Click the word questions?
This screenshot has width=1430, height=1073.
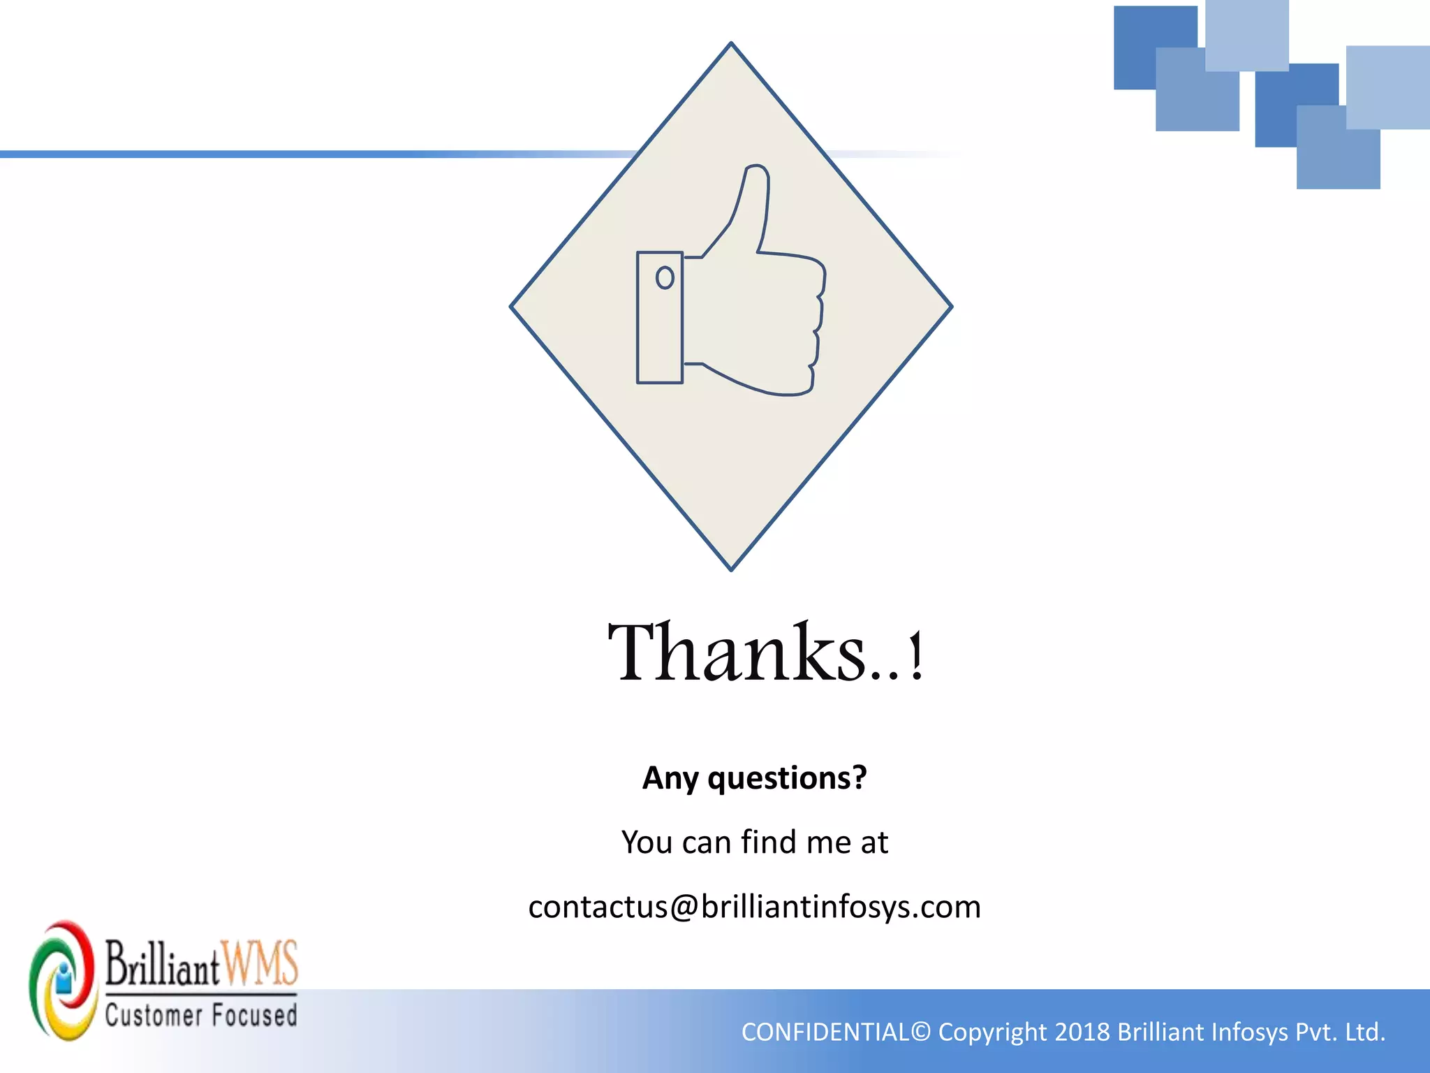click(x=787, y=778)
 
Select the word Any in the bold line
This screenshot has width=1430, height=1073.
click(x=670, y=778)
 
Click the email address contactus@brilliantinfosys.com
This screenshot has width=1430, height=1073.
click(x=754, y=907)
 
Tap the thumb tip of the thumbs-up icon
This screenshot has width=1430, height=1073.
click(x=755, y=172)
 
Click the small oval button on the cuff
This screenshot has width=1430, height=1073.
click(x=665, y=278)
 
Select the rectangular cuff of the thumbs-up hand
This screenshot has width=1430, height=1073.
click(x=659, y=318)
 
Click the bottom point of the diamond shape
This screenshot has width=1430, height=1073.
click(x=731, y=568)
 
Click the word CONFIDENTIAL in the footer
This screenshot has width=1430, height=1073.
click(x=825, y=1032)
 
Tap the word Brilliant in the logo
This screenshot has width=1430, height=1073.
click(x=163, y=965)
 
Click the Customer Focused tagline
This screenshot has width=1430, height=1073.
click(x=201, y=1015)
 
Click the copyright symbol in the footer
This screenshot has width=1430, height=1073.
click(x=921, y=1032)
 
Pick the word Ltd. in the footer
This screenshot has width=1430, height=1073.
click(x=1365, y=1032)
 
